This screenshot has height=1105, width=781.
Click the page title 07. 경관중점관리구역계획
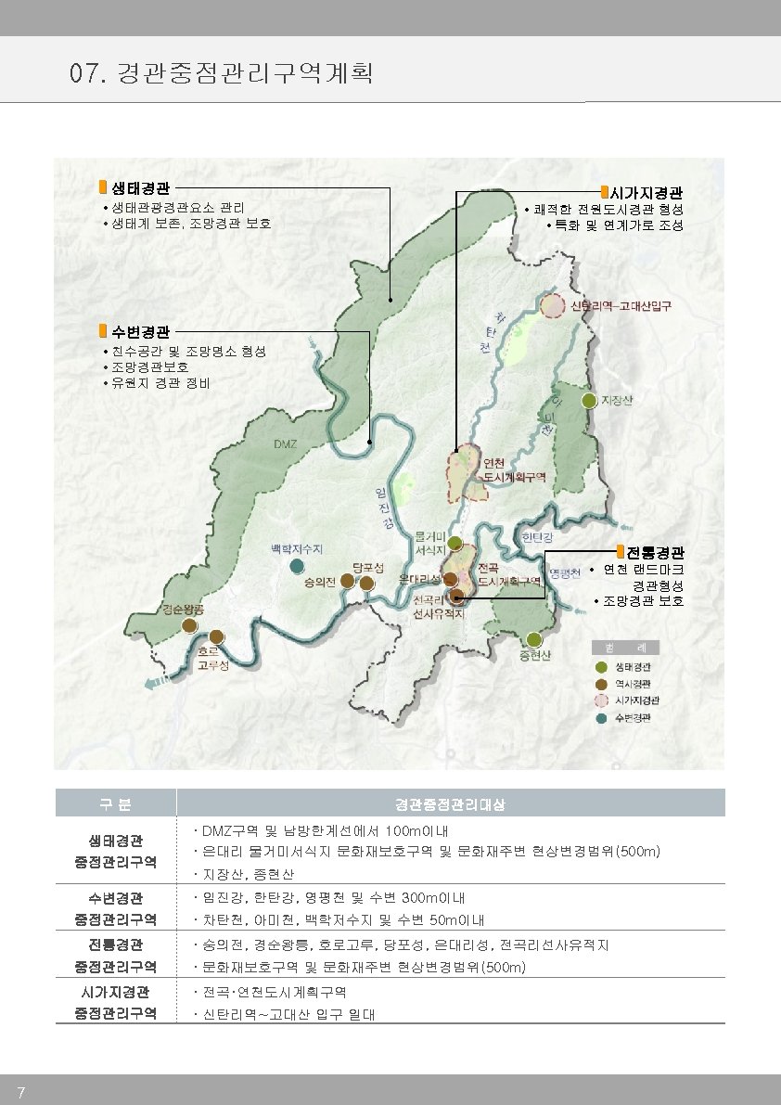point(222,72)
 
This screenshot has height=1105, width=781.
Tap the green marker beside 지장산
point(588,401)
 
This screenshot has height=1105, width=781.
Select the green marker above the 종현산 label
point(533,639)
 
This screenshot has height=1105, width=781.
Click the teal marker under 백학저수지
point(296,566)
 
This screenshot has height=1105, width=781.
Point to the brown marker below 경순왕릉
point(189,626)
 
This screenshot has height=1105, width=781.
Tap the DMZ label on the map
point(285,445)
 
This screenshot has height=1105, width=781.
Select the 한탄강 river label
point(537,537)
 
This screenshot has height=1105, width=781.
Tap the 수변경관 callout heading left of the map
point(140,331)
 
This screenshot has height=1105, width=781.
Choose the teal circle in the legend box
point(601,717)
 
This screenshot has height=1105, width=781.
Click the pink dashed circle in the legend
point(601,700)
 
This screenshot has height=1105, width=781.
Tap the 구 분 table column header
point(116,803)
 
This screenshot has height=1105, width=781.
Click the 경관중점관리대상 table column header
point(450,803)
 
